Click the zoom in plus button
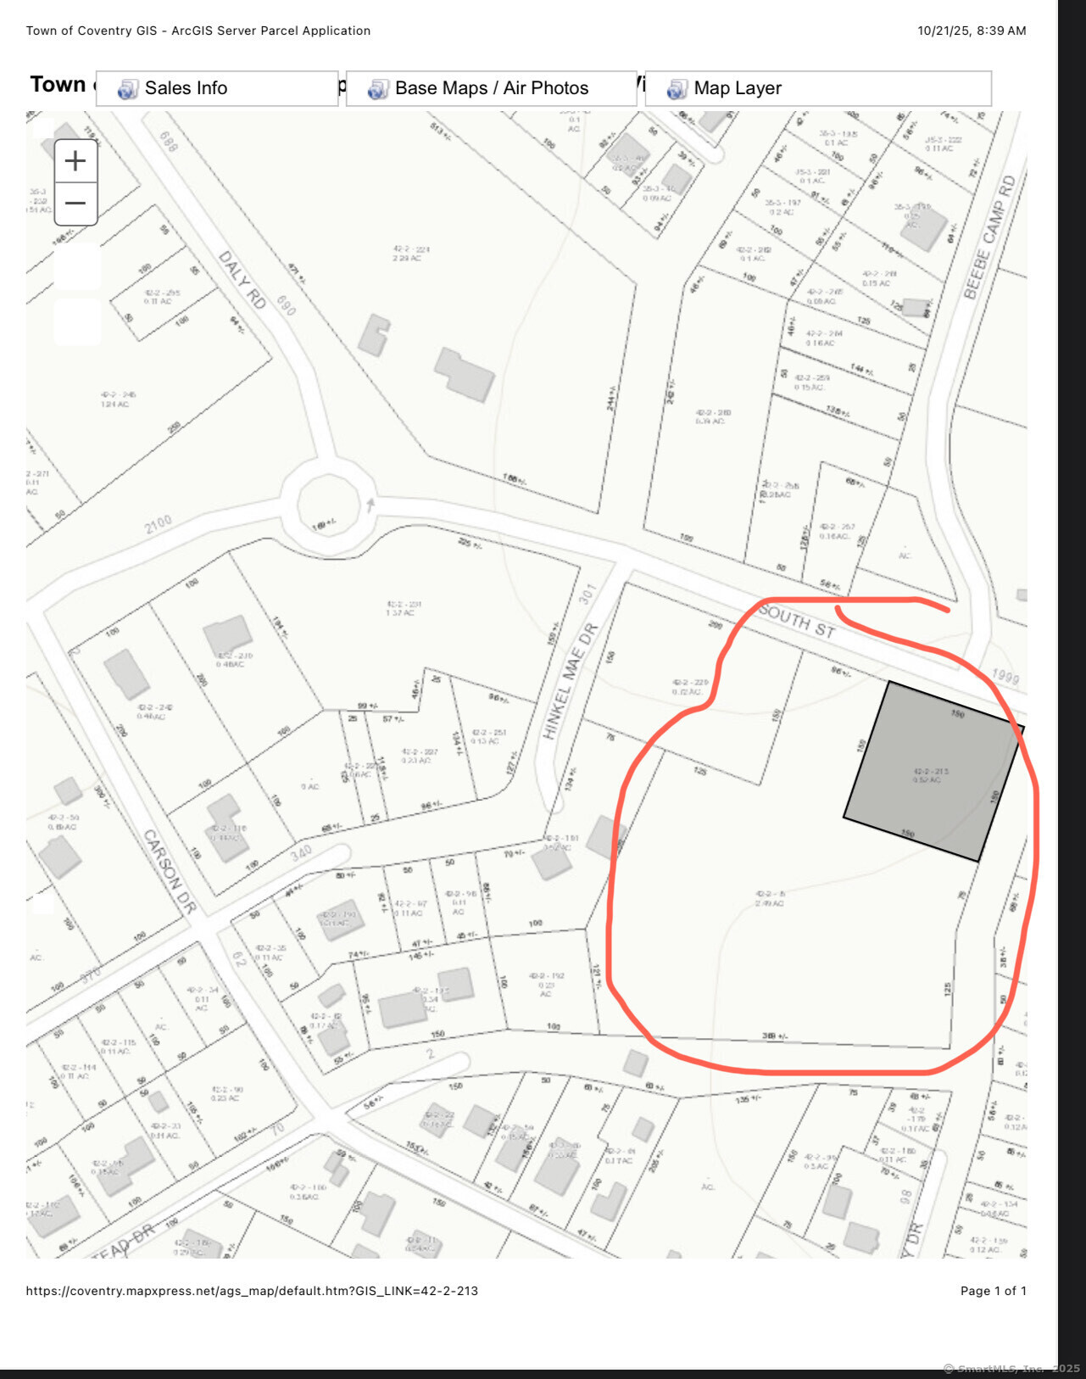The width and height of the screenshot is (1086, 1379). [75, 161]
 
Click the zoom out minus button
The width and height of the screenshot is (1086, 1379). [75, 204]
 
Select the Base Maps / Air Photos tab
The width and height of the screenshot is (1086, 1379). [491, 88]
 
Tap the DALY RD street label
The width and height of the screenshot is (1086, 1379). [242, 279]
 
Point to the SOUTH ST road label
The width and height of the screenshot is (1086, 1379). [797, 621]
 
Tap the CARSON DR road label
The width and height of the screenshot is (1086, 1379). [170, 871]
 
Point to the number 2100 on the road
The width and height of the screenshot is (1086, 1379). [159, 524]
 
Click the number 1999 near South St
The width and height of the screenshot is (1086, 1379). [1005, 676]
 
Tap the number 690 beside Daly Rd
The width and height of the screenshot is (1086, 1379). [286, 305]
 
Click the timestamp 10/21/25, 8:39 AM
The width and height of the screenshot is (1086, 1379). [972, 31]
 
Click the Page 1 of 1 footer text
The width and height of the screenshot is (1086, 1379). [993, 1291]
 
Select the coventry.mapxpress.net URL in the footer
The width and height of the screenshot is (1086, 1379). [252, 1291]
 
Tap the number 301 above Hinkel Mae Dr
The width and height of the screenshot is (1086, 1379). [588, 594]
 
